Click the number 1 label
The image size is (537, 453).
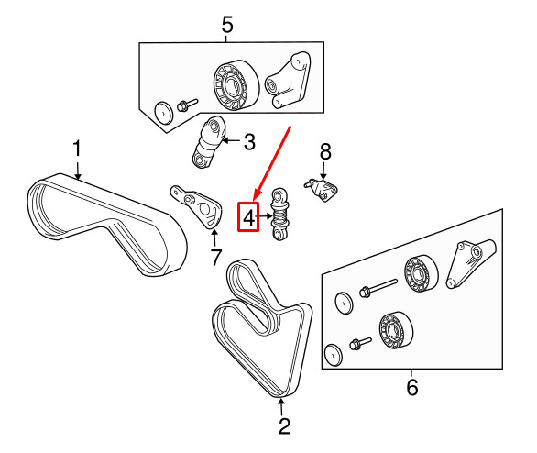(x=78, y=148)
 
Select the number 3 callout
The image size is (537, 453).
(x=247, y=141)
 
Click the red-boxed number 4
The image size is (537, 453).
(x=248, y=217)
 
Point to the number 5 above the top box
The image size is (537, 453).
(x=227, y=24)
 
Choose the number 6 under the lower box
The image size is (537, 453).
(x=411, y=388)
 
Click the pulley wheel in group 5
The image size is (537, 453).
(x=231, y=87)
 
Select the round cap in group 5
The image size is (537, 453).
(x=163, y=113)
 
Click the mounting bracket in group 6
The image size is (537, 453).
(x=473, y=262)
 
